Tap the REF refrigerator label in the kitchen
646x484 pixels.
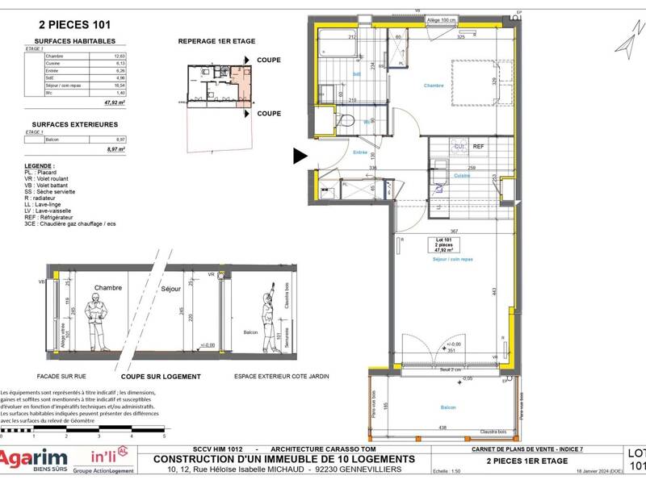point(479,147)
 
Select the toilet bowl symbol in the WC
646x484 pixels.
point(345,122)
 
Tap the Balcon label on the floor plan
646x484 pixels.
point(447,408)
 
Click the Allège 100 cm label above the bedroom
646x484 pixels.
point(442,20)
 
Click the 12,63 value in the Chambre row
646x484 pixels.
point(97,56)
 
